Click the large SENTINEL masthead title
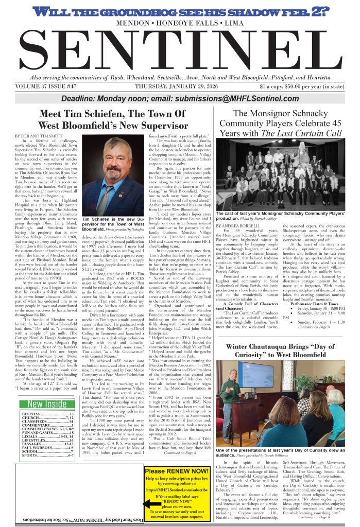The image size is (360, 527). pyautogui.click(x=180, y=50)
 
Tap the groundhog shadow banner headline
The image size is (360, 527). pyautogui.click(x=180, y=11)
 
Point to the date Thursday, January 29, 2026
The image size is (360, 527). pyautogui.click(x=180, y=86)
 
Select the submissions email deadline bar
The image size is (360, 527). pyautogui.click(x=180, y=99)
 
